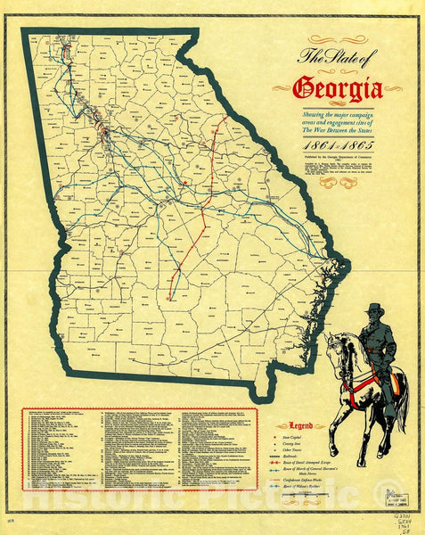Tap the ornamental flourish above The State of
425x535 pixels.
tap(337, 39)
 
